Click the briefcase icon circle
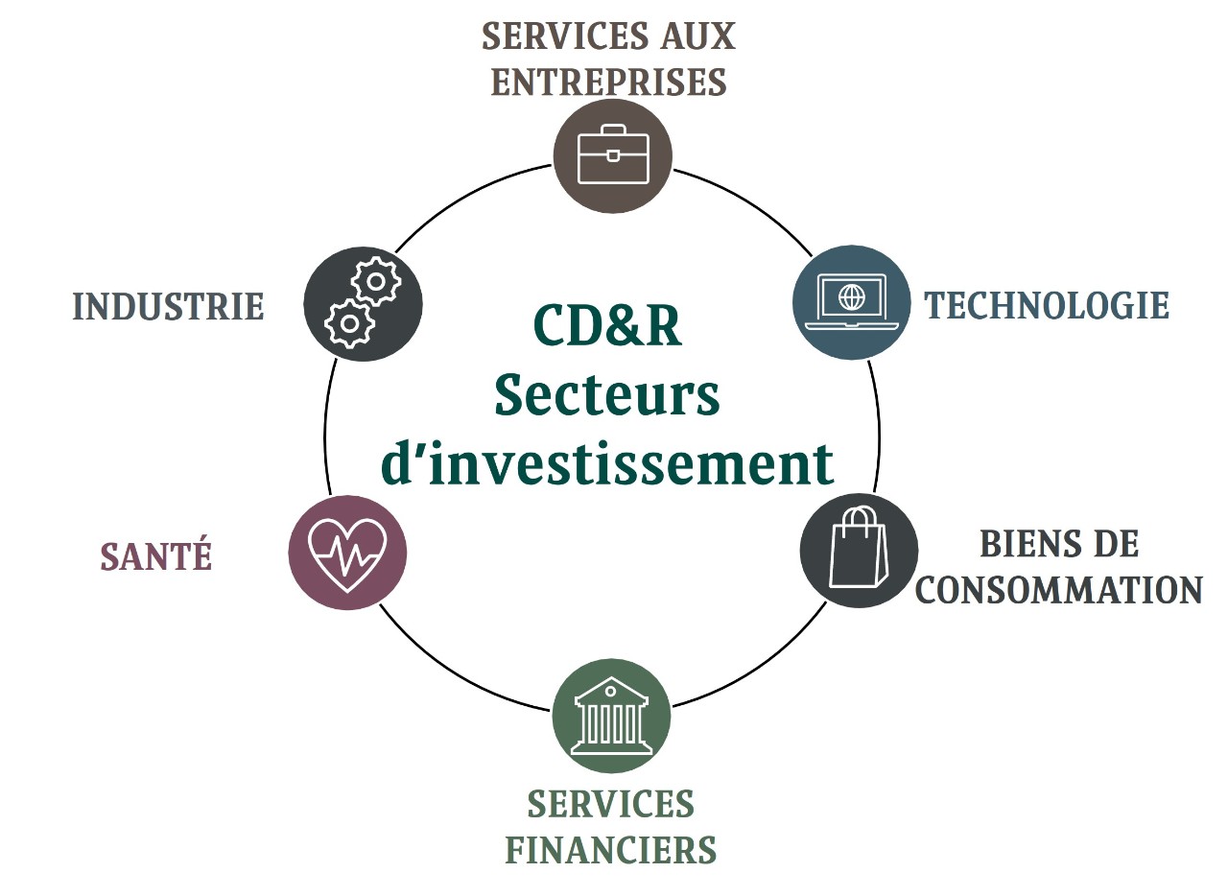pyautogui.click(x=612, y=155)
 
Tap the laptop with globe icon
pyautogui.click(x=852, y=302)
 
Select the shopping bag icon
pyautogui.click(x=859, y=550)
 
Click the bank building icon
pyautogui.click(x=611, y=715)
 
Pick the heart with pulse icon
pyautogui.click(x=347, y=553)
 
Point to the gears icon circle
pyautogui.click(x=363, y=304)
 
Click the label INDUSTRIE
pyautogui.click(x=168, y=307)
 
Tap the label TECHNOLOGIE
pyautogui.click(x=1047, y=306)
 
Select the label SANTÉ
pyautogui.click(x=155, y=556)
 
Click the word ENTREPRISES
pyautogui.click(x=608, y=83)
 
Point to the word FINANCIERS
pyautogui.click(x=611, y=850)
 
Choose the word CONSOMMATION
pyautogui.click(x=1059, y=590)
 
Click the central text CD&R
pyautogui.click(x=607, y=326)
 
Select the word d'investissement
pyautogui.click(x=607, y=463)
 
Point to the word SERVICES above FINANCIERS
pyautogui.click(x=611, y=804)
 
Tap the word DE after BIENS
pyautogui.click(x=1117, y=544)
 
